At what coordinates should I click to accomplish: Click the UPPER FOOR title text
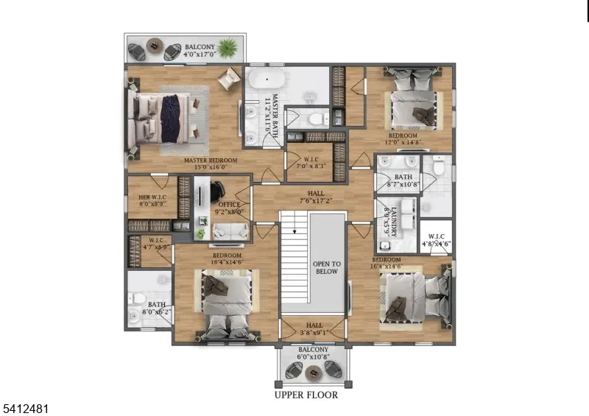tap(307, 395)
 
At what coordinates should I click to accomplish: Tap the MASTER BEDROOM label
tap(211, 160)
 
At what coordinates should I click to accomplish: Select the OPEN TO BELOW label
tap(326, 267)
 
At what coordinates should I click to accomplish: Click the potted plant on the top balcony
tap(229, 49)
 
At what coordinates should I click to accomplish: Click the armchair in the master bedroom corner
tap(229, 76)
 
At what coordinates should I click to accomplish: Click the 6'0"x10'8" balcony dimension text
tap(314, 357)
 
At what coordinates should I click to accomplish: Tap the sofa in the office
tap(230, 231)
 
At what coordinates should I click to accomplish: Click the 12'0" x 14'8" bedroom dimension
tap(403, 144)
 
